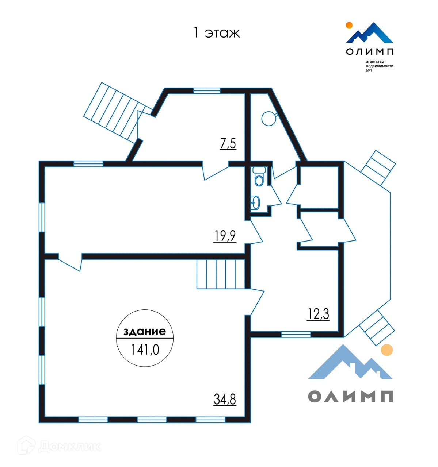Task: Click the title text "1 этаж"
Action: pyautogui.click(x=216, y=33)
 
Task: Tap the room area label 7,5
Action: pyautogui.click(x=228, y=144)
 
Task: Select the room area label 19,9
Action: pyautogui.click(x=225, y=236)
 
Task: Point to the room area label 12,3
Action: pyautogui.click(x=318, y=314)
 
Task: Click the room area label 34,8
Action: pyautogui.click(x=225, y=400)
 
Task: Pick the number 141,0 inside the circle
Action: pyautogui.click(x=145, y=350)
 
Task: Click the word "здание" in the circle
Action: pyautogui.click(x=145, y=332)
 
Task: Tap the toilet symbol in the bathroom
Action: pyautogui.click(x=259, y=177)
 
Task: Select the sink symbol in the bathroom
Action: pyautogui.click(x=256, y=202)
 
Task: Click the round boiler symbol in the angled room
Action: pyautogui.click(x=268, y=118)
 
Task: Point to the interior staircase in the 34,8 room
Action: pyautogui.click(x=221, y=274)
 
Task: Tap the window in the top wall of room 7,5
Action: pyautogui.click(x=207, y=91)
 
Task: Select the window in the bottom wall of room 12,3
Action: pyautogui.click(x=296, y=334)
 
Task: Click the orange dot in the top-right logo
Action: pyautogui.click(x=349, y=25)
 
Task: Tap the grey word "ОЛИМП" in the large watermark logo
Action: pyautogui.click(x=350, y=396)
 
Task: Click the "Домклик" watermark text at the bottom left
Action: pyautogui.click(x=69, y=446)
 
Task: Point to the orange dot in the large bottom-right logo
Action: pyautogui.click(x=386, y=350)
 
